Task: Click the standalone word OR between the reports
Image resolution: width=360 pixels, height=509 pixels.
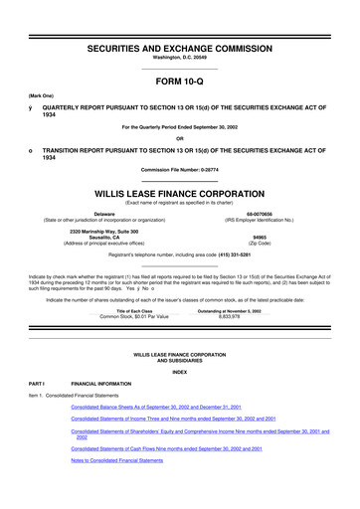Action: (x=179, y=137)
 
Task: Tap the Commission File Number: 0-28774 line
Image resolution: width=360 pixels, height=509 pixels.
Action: (x=179, y=168)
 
